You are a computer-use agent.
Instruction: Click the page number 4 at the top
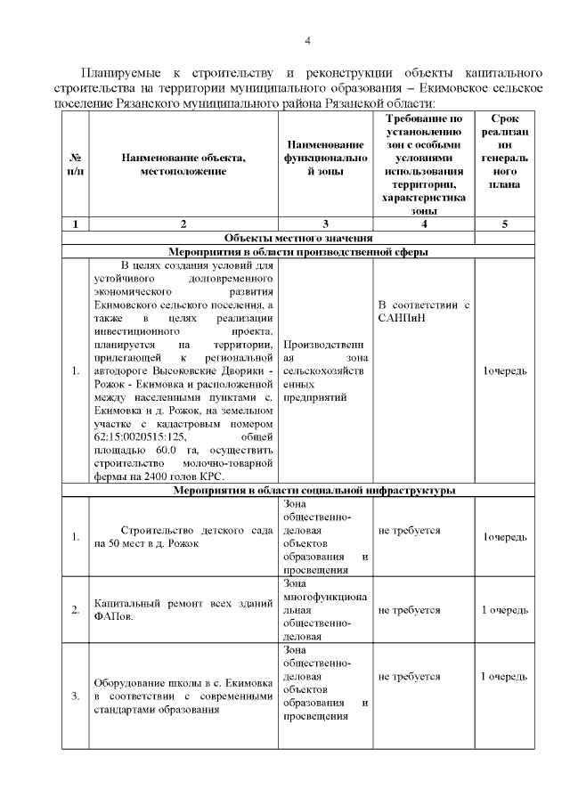[x=306, y=40]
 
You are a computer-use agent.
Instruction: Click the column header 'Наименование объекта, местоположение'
[x=183, y=163]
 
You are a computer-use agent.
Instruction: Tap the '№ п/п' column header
[x=75, y=163]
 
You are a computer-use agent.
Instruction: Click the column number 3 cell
[x=325, y=224]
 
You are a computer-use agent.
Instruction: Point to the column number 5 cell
[x=504, y=224]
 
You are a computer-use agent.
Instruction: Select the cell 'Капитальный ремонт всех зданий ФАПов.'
[x=183, y=610]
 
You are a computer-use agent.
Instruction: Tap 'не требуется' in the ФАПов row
[x=410, y=610]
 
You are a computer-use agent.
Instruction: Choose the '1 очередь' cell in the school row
[x=504, y=677]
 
